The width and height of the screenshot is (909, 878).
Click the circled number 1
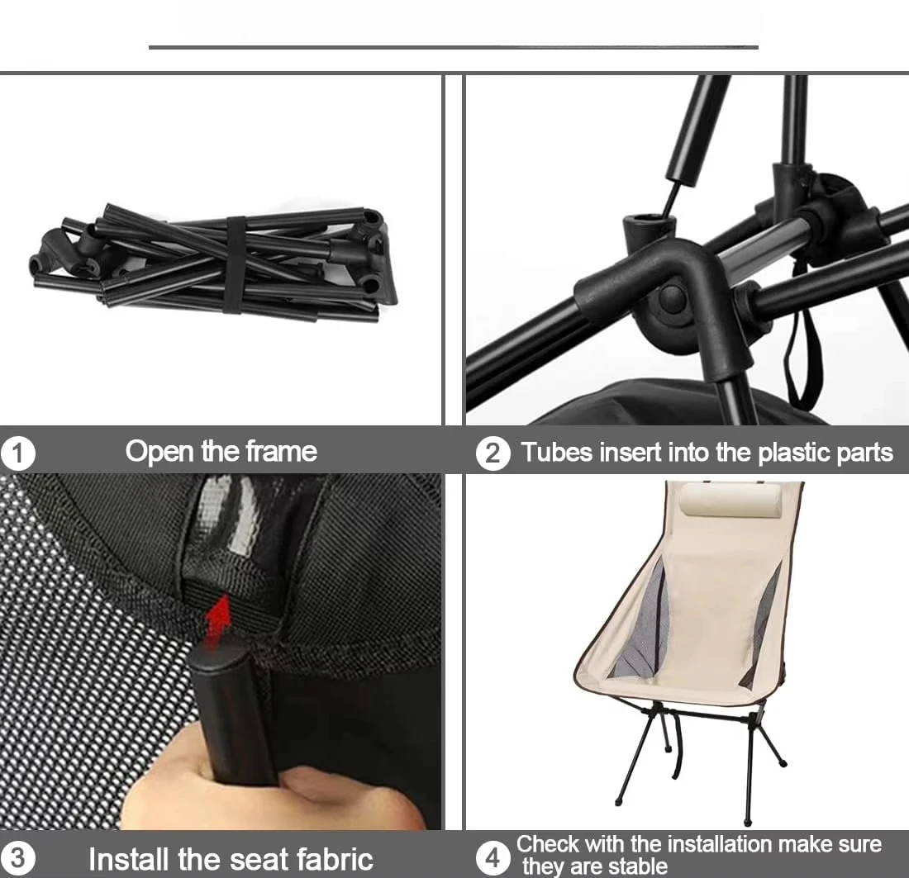pos(17,453)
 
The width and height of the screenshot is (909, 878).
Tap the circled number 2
pos(493,453)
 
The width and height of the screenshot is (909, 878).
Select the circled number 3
pos(17,858)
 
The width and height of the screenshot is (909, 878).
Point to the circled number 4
pos(493,858)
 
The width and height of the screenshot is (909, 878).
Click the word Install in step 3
pos(128,859)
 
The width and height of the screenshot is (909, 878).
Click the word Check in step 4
pos(547,844)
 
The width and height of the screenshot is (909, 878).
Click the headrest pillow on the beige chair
pos(731,500)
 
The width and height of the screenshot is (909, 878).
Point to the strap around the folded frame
pos(234,264)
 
